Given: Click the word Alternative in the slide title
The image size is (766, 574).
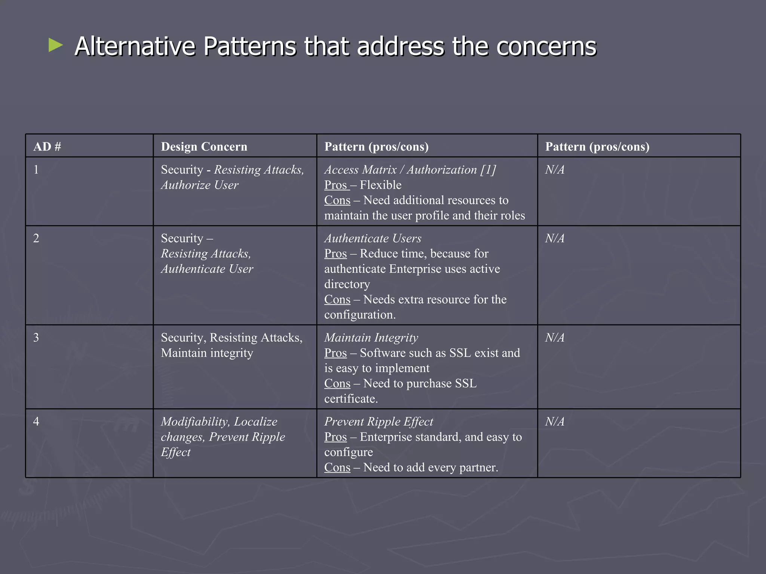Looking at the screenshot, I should (x=135, y=47).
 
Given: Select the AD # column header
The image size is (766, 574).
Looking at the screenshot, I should (x=47, y=146).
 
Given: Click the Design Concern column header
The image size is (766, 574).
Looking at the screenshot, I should (x=204, y=146).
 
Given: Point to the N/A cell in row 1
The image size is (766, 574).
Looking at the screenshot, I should (x=555, y=170).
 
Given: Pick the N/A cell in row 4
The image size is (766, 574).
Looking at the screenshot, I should (x=555, y=422).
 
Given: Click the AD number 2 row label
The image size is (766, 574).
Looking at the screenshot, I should (x=36, y=238).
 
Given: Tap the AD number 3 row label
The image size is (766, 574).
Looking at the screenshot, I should (x=36, y=337).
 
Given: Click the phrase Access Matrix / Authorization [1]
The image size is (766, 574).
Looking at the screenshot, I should (x=410, y=170).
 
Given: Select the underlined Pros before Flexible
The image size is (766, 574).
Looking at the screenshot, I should (x=336, y=185).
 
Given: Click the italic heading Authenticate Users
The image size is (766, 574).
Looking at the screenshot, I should (x=373, y=238).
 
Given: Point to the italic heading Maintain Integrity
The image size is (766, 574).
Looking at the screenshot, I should (x=371, y=337).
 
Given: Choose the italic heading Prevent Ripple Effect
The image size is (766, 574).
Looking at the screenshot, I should (x=379, y=422).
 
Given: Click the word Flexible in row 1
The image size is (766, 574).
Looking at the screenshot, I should (x=380, y=185).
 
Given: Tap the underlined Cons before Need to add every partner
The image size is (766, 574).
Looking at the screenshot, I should (x=337, y=467).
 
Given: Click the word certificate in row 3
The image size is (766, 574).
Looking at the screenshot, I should (x=350, y=399).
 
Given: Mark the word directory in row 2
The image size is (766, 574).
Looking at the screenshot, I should (x=347, y=284).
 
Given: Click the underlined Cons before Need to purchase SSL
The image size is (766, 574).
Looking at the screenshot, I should (x=337, y=383).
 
